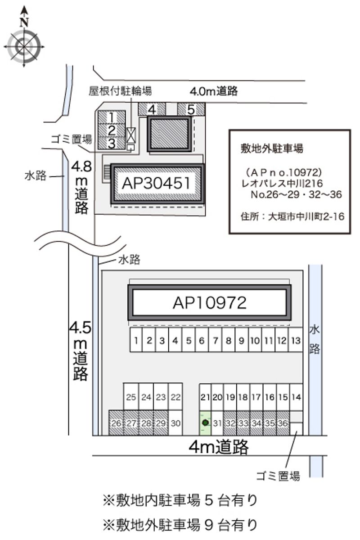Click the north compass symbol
pyautogui.click(x=24, y=45)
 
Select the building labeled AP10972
pyautogui.click(x=209, y=303)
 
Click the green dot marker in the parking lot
pyautogui.click(x=205, y=423)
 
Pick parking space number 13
pyautogui.click(x=296, y=340)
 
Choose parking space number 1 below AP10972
pyautogui.click(x=136, y=340)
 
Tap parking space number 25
pyautogui.click(x=131, y=397)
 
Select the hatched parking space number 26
pyautogui.click(x=116, y=423)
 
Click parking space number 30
pyautogui.click(x=176, y=423)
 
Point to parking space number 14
pyautogui.click(x=296, y=397)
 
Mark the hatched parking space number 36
pyautogui.click(x=283, y=423)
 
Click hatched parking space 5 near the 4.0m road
pyautogui.click(x=191, y=109)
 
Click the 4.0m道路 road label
pyautogui.click(x=213, y=91)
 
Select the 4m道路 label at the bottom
pyautogui.click(x=219, y=446)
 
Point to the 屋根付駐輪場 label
pyautogui.click(x=120, y=90)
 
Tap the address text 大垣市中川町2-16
pyautogui.click(x=306, y=217)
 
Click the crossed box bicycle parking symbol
pyautogui.click(x=130, y=134)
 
